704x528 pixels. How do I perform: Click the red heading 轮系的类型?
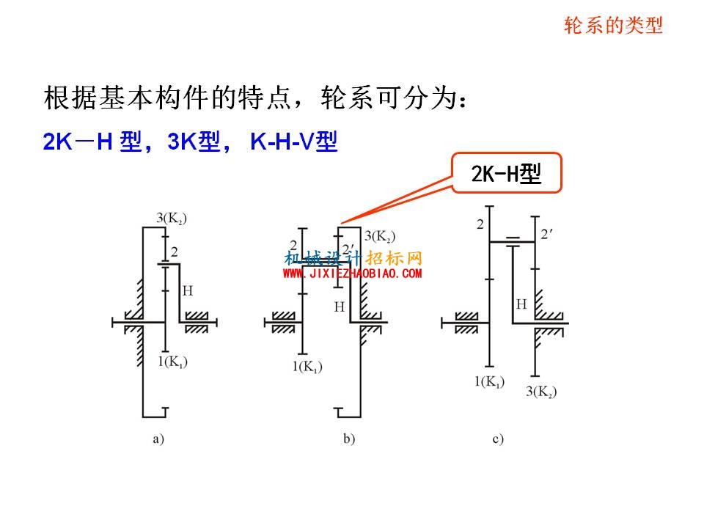[x=613, y=25]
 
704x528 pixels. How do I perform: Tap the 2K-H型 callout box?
[x=507, y=173]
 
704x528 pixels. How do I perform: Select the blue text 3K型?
[x=194, y=142]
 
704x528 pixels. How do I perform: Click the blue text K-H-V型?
[x=293, y=142]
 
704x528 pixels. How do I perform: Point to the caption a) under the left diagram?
[x=158, y=439]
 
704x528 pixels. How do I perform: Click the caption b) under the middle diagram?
[x=349, y=439]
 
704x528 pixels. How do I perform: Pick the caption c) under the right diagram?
[x=498, y=439]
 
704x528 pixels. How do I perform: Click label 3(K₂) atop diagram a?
[x=172, y=219]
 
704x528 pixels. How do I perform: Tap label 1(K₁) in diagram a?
[x=172, y=362]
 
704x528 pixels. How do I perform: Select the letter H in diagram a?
[x=188, y=291]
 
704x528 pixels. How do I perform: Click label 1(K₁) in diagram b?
[x=307, y=367]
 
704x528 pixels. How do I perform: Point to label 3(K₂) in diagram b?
[x=380, y=236]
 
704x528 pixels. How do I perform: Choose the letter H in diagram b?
[x=340, y=307]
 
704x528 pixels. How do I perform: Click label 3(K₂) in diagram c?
[x=541, y=391]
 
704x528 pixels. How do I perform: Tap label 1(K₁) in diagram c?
[x=489, y=381]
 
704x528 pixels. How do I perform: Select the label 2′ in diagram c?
[x=546, y=234]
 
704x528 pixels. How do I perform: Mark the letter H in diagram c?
[x=521, y=304]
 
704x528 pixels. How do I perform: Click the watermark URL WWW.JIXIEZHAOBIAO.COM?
[x=353, y=273]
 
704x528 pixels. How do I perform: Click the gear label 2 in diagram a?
[x=175, y=252]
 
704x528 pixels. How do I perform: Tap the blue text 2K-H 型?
[x=92, y=142]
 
